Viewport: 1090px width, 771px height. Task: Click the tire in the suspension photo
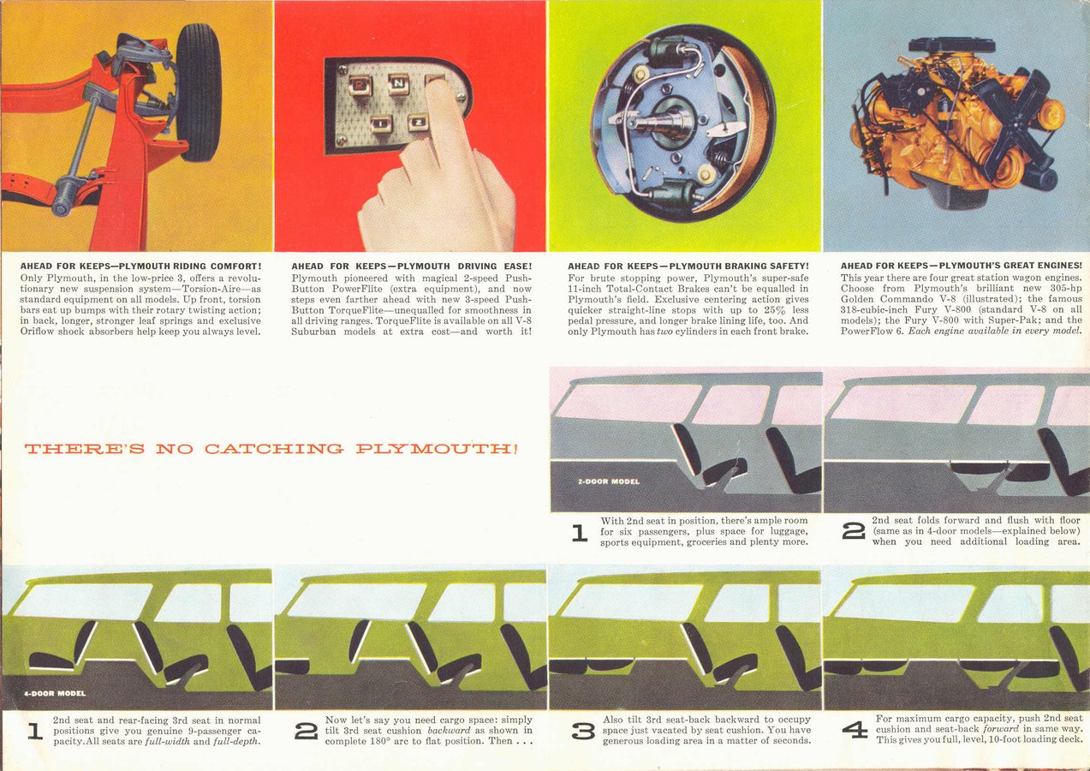[198, 92]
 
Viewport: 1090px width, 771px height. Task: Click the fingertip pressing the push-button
[438, 87]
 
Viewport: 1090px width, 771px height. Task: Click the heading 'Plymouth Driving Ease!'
[464, 266]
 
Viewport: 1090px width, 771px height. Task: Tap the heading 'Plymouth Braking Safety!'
[739, 266]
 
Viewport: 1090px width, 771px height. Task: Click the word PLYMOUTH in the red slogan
[436, 448]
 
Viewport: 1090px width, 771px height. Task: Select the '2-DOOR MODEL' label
[609, 481]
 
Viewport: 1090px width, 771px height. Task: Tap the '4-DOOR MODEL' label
[55, 693]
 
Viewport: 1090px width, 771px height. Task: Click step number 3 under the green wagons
[583, 731]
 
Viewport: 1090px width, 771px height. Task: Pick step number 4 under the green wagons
[855, 730]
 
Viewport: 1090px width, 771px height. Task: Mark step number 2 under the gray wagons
[854, 531]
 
